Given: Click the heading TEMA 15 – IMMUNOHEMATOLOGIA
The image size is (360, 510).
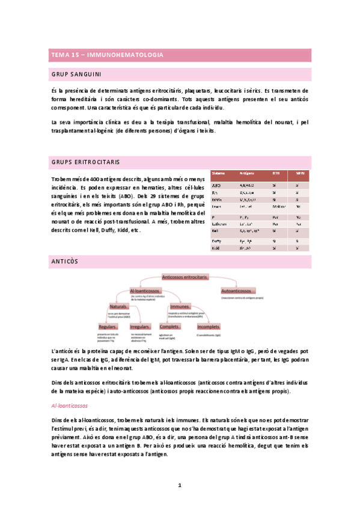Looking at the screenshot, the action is click(x=108, y=55).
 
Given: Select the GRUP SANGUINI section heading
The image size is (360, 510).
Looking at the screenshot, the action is click(x=75, y=75).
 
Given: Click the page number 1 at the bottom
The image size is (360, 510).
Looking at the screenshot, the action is click(x=180, y=485).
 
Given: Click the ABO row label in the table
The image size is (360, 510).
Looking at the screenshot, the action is click(x=216, y=186).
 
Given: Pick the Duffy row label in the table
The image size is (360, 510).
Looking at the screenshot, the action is click(x=217, y=241).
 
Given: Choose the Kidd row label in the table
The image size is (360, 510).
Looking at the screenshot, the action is click(x=216, y=247).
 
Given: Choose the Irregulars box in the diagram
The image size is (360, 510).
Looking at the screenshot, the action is click(x=139, y=327).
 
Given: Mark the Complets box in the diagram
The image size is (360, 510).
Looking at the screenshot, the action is click(x=170, y=327).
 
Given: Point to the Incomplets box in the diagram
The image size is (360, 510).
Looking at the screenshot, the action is click(x=209, y=327).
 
